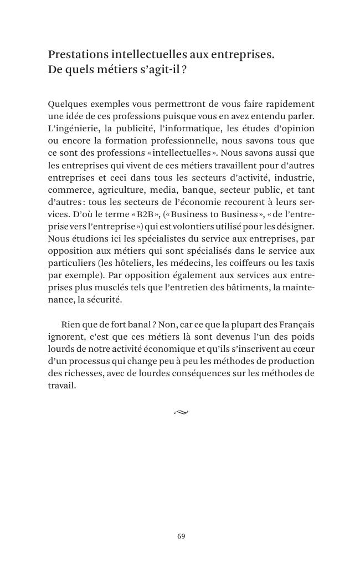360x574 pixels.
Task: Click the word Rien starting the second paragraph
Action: (71, 324)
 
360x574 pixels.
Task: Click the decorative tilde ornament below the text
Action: (181, 412)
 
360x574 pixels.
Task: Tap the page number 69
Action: (181, 536)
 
